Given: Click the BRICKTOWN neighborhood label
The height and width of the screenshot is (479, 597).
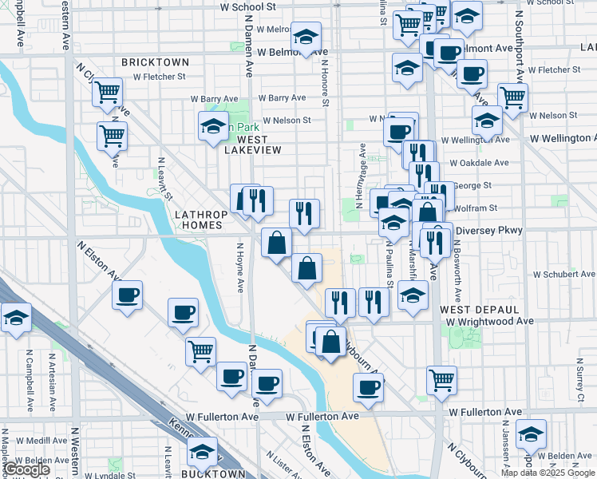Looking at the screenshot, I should click(x=155, y=61).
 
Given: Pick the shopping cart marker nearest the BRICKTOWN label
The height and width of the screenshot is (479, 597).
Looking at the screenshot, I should click(x=107, y=92).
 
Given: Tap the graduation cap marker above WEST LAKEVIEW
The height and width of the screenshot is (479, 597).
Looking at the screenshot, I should click(x=213, y=125).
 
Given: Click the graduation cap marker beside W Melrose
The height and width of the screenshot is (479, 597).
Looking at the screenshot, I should click(x=305, y=36).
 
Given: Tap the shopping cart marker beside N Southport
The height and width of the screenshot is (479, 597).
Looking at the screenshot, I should click(x=512, y=97).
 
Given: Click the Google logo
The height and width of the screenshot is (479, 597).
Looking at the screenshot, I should click(x=26, y=469).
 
